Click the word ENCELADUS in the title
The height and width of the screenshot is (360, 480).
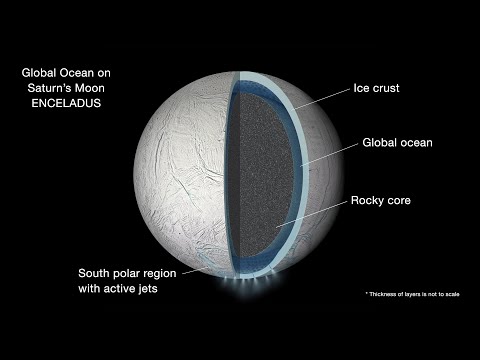pos(66,103)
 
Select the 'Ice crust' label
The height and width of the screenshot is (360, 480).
pos(376,88)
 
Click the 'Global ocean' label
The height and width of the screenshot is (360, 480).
pos(397,143)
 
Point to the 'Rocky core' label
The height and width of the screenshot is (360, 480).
pos(381,200)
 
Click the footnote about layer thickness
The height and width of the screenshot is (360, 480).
pos(412,294)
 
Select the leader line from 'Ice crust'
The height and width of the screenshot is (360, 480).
pos(321,99)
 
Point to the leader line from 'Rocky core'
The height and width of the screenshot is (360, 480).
pos(311,214)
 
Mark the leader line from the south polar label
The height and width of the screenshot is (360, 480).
pos(194,270)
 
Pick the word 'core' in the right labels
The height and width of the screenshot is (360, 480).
pos(399,201)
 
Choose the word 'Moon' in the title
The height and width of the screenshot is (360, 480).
pos(89,88)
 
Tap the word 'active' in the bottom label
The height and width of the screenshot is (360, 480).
pos(119,289)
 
